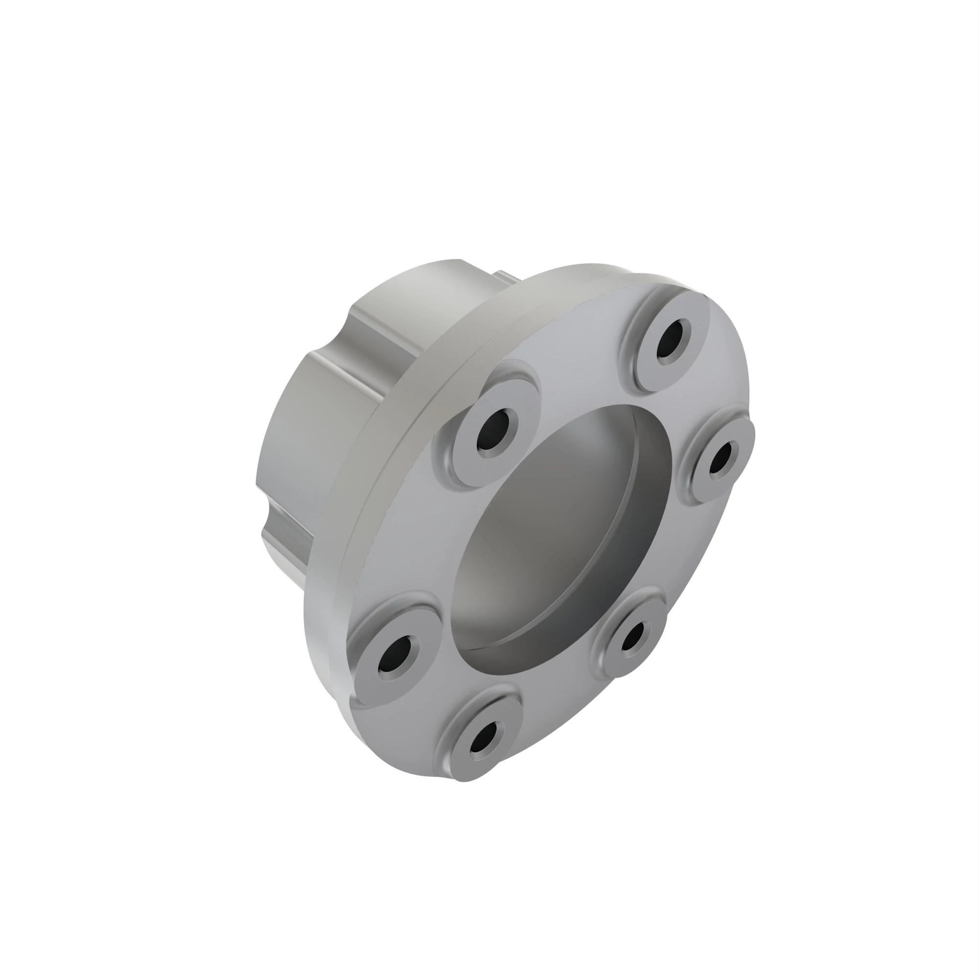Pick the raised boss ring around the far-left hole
pos(370,679)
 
